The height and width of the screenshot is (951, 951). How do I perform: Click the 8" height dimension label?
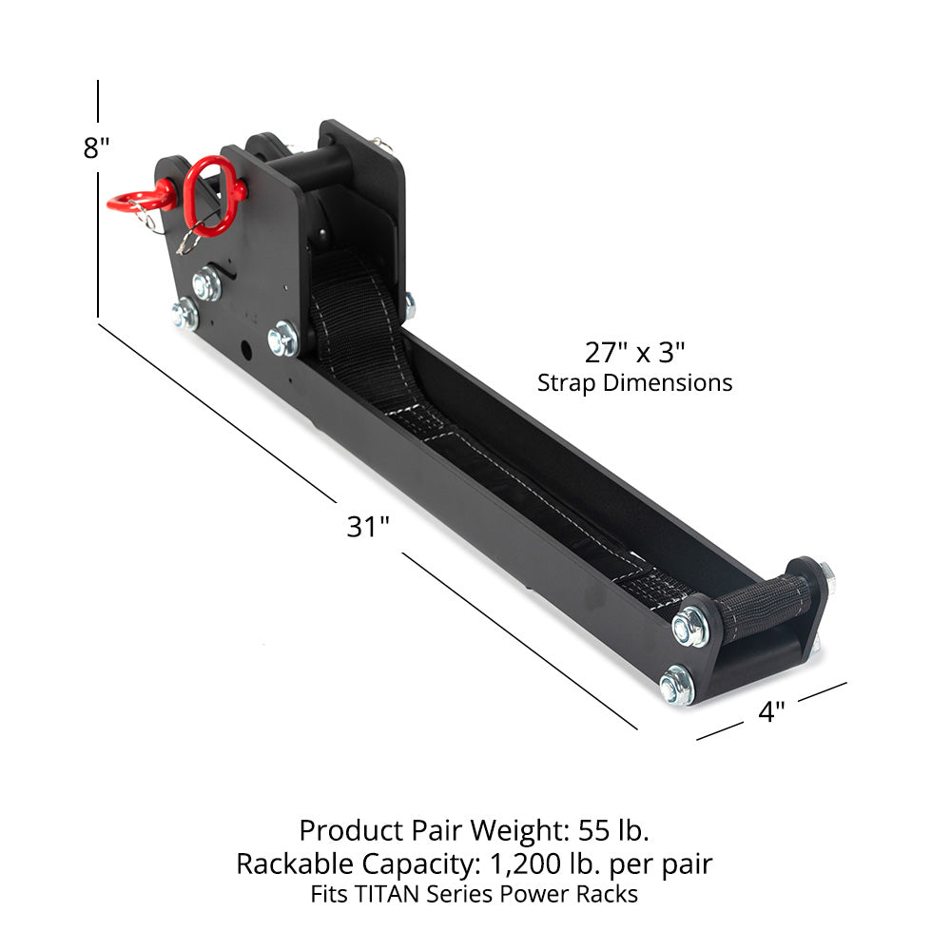pyautogui.click(x=97, y=149)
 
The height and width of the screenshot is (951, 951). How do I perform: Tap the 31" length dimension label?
pyautogui.click(x=368, y=526)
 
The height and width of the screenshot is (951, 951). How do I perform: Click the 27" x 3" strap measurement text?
pyautogui.click(x=634, y=353)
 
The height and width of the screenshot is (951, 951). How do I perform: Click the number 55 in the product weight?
pyautogui.click(x=596, y=830)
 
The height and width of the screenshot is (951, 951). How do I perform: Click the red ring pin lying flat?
pyautogui.click(x=138, y=200)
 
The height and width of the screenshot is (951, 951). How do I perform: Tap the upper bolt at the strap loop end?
pyautogui.click(x=689, y=627)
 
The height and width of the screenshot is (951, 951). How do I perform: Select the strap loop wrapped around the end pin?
pyautogui.click(x=765, y=607)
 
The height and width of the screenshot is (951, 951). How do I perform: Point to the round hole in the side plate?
pyautogui.click(x=247, y=349)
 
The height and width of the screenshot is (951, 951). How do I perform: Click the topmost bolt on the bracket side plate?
pyautogui.click(x=206, y=283)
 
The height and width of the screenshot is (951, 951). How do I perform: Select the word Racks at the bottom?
pyautogui.click(x=610, y=894)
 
